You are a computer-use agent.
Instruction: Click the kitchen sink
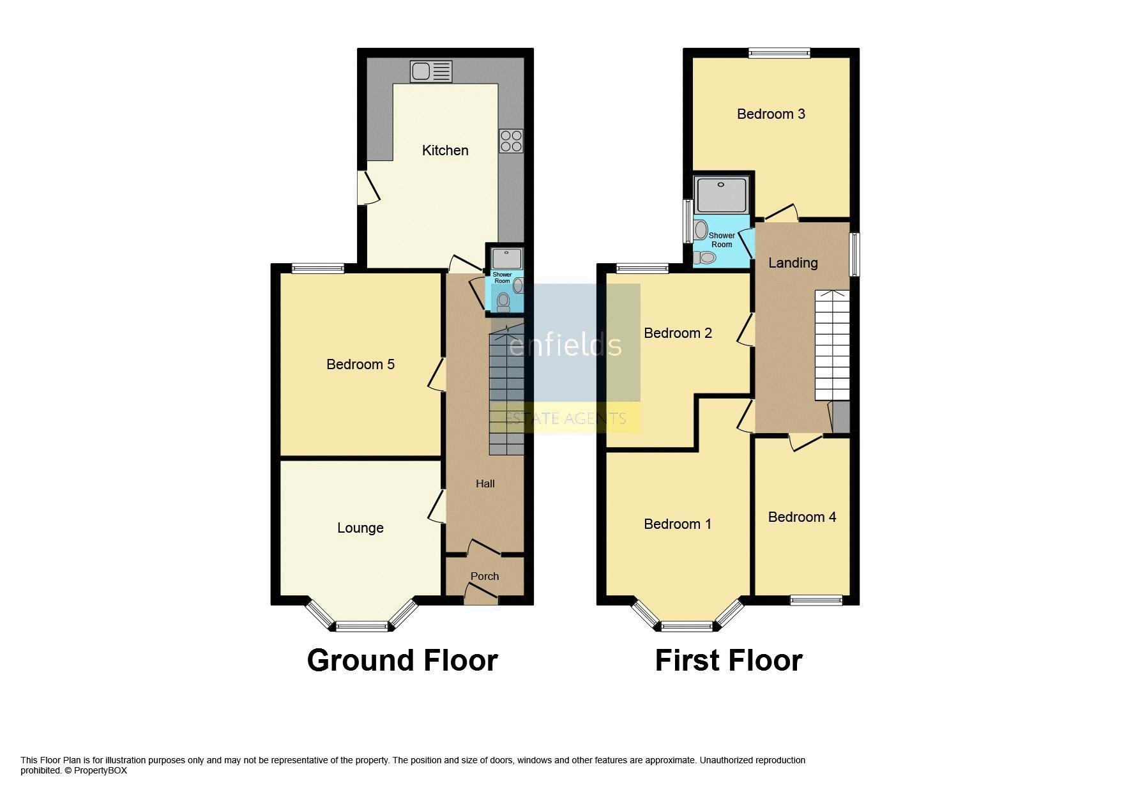431,71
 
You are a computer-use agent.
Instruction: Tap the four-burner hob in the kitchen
512,141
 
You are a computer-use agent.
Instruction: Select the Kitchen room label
445,151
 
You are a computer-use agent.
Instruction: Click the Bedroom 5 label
360,365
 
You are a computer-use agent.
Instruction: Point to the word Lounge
360,528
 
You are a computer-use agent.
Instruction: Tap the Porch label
485,576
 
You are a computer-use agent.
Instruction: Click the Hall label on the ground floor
485,484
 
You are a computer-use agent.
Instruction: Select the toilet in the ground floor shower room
503,301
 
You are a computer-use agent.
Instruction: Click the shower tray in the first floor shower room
721,195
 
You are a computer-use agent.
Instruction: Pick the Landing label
793,263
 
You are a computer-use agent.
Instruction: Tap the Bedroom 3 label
771,114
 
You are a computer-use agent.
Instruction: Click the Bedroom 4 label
801,517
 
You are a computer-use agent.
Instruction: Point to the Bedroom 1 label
678,524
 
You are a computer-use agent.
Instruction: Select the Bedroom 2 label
678,333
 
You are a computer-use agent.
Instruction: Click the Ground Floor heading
402,661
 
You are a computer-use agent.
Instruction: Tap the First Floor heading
729,661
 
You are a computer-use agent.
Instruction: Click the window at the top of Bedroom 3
779,53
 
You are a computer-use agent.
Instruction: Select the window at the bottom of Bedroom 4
816,600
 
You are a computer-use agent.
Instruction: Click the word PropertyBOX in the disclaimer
100,770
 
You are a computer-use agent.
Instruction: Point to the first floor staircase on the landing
832,346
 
